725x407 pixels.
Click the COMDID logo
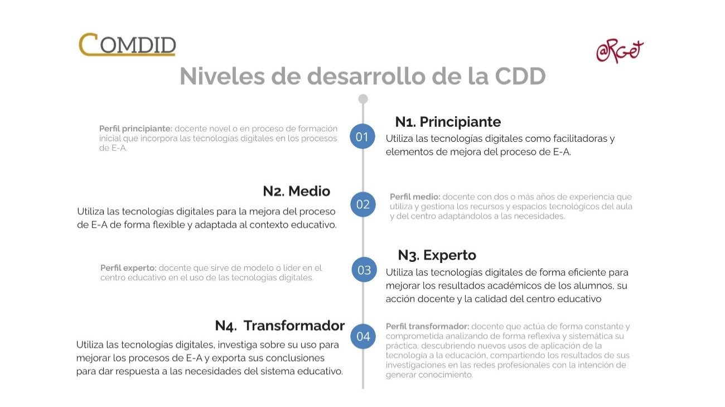[x=127, y=45]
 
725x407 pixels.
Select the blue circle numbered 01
[x=362, y=137]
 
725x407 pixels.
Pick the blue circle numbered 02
[x=362, y=204]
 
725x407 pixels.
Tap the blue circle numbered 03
[x=364, y=270]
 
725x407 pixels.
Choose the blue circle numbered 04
[x=363, y=337]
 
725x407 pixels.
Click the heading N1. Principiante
[x=448, y=122]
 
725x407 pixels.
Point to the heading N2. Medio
[x=296, y=191]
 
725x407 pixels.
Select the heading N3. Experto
[x=437, y=255]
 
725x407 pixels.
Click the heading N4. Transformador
[x=280, y=325]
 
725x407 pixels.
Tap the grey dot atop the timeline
[x=363, y=99]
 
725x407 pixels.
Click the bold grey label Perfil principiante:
[x=136, y=128]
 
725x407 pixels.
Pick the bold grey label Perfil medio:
[x=415, y=197]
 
